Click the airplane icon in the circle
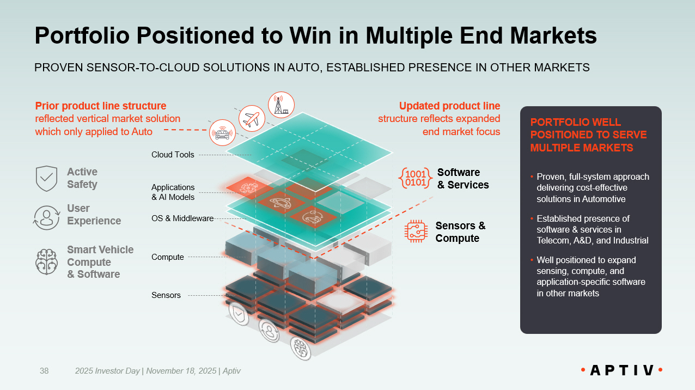coord(252,118)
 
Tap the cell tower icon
coord(281,105)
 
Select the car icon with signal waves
coord(222,132)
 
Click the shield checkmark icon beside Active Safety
coord(46,179)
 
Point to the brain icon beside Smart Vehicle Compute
coord(46,262)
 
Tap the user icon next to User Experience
coord(46,217)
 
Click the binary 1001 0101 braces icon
coord(416,178)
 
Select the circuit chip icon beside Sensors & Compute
coord(416,231)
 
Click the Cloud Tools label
coord(173,155)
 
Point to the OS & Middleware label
coord(182,218)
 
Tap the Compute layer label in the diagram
coord(168,257)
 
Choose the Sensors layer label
coord(166,295)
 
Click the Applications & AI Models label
coord(173,192)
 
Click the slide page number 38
coord(44,371)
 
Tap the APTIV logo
coord(622,370)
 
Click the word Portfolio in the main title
coord(82,36)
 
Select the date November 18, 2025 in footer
coord(181,371)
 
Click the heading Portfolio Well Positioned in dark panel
coord(588,135)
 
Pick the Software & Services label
coord(463,179)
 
